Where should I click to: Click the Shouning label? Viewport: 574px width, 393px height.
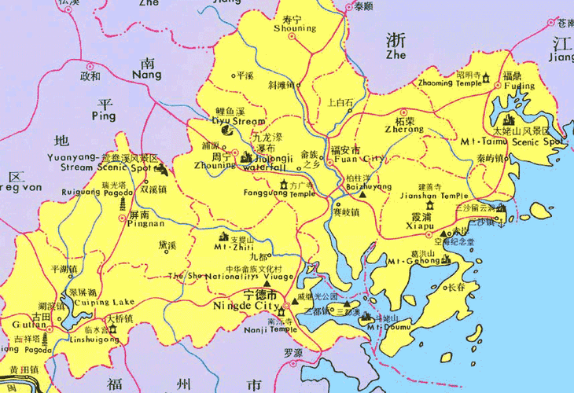[x=295, y=28]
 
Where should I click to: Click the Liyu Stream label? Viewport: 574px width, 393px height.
[x=239, y=122]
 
